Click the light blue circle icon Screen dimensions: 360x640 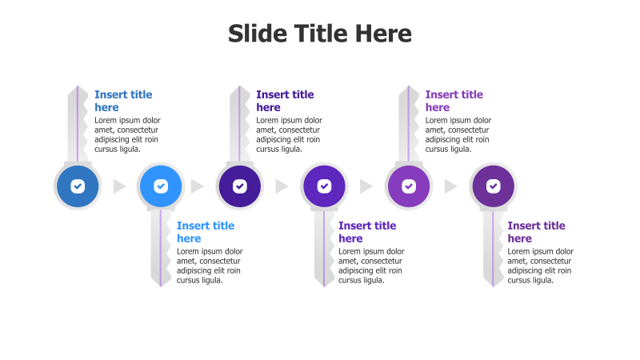(161, 186)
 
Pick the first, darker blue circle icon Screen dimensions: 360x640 (77, 186)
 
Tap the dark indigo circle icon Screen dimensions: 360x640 (240, 186)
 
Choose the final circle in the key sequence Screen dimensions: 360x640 (493, 186)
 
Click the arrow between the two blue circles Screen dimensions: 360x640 (120, 186)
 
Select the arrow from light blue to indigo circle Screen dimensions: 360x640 (198, 186)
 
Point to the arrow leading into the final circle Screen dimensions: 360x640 (451, 186)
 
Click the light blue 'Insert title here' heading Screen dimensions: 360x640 (206, 232)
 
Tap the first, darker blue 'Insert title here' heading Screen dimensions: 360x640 (123, 101)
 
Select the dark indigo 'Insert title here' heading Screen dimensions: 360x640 (285, 101)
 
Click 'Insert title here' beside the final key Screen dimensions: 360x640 (536, 232)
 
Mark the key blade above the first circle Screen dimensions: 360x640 (78, 124)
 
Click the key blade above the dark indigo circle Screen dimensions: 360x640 (240, 124)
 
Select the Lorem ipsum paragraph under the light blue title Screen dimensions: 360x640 (210, 266)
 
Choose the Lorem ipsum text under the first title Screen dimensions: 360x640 (127, 134)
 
